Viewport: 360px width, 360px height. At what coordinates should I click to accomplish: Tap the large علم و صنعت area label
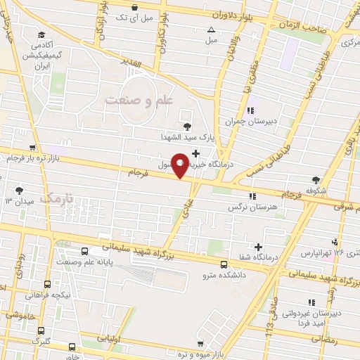(139, 101)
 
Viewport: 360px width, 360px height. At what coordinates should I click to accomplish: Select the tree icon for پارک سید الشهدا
(186, 127)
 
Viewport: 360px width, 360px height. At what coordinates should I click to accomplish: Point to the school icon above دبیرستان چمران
(250, 109)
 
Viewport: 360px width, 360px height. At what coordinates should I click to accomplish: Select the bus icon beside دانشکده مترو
(224, 264)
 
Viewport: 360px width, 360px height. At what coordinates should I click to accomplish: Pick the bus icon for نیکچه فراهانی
(46, 285)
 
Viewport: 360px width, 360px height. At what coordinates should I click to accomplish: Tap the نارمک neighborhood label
(56, 199)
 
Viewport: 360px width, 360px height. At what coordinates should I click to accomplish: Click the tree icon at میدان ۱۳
(19, 190)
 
